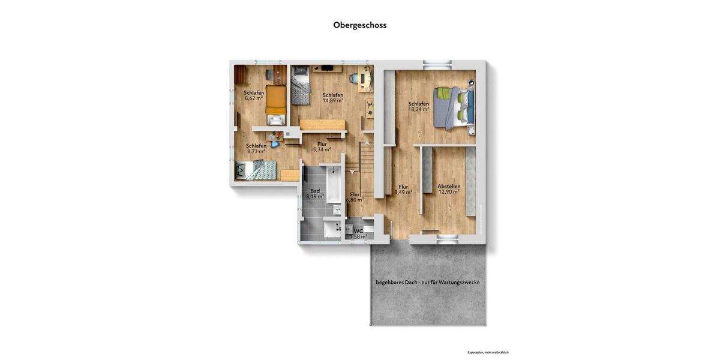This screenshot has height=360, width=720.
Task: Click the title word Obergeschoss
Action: click(360, 25)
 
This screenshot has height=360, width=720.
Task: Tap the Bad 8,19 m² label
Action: click(315, 194)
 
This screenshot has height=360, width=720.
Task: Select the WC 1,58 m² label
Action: click(359, 233)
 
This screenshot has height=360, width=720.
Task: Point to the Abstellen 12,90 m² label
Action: click(449, 190)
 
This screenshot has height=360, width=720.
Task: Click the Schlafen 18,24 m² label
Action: click(419, 107)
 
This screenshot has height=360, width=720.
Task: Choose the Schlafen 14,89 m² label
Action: click(333, 98)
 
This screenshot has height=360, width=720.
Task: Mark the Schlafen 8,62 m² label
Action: click(254, 95)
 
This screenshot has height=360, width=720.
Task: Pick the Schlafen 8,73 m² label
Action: click(256, 149)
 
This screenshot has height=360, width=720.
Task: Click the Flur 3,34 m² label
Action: click(322, 146)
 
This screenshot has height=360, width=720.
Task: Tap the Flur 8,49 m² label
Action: click(403, 190)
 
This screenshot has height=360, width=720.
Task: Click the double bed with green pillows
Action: click(454, 107)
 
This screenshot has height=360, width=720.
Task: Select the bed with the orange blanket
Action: click(276, 100)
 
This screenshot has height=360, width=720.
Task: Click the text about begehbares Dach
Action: click(428, 282)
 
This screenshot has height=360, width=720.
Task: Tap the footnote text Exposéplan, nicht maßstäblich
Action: click(488, 352)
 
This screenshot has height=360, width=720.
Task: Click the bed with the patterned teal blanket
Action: click(256, 170)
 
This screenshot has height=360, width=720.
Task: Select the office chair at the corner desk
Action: click(353, 78)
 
